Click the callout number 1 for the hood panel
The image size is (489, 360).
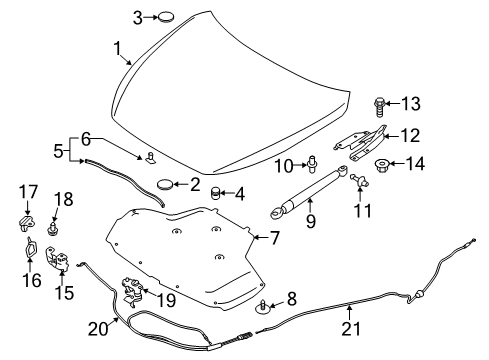[x=117, y=47]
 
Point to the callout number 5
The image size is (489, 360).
[x=59, y=153]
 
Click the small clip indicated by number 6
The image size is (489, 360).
[x=150, y=156]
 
